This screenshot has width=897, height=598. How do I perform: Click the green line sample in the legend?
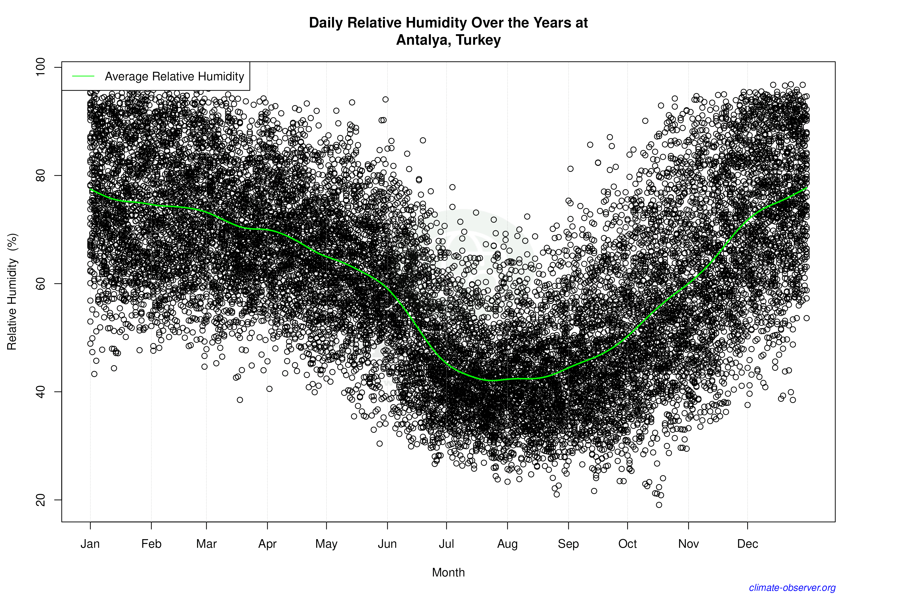[83, 76]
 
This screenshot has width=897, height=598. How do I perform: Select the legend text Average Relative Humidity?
[174, 76]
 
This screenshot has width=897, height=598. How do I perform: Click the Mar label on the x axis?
[206, 544]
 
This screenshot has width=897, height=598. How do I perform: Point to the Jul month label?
[446, 544]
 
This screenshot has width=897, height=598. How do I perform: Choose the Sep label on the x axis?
[568, 544]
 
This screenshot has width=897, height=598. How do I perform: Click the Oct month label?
[627, 544]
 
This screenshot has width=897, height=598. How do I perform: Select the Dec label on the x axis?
[747, 544]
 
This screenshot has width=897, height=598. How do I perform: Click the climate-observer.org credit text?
[792, 588]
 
